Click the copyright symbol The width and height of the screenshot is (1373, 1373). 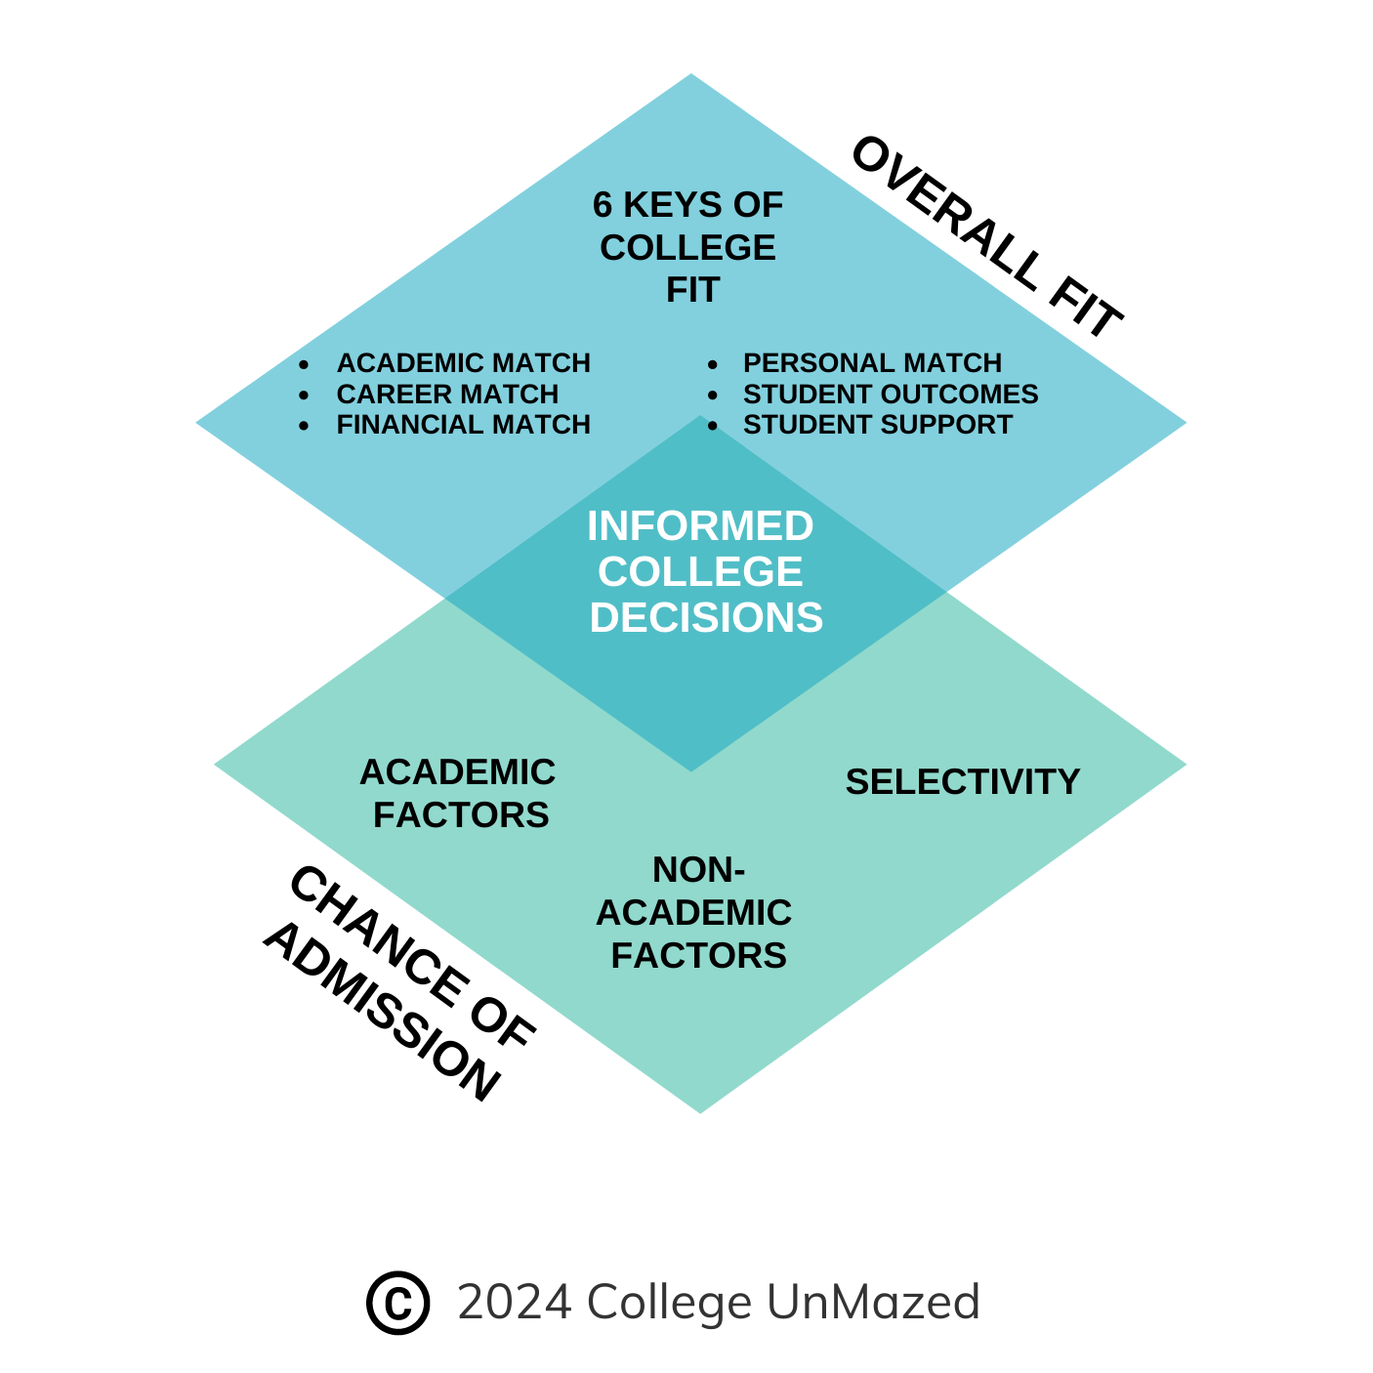click(397, 1302)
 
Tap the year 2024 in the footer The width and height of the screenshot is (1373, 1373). click(515, 1302)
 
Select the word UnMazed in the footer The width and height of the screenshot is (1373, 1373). click(873, 1302)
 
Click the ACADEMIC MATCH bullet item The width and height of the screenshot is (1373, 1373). click(463, 363)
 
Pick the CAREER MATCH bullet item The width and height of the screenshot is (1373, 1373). click(447, 395)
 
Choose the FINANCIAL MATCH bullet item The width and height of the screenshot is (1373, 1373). click(463, 425)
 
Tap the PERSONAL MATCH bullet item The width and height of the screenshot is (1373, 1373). click(872, 363)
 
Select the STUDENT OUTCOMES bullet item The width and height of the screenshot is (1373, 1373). click(890, 395)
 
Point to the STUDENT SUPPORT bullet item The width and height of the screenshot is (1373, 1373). click(877, 425)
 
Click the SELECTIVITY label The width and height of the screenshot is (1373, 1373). click(962, 782)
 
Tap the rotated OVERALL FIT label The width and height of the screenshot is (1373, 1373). click(986, 237)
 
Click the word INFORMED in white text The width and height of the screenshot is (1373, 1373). click(700, 526)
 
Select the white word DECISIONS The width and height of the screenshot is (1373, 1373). click(706, 618)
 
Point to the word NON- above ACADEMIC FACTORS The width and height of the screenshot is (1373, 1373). click(698, 869)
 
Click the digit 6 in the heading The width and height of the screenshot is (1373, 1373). click(603, 205)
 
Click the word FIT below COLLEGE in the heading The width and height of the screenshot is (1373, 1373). click(692, 290)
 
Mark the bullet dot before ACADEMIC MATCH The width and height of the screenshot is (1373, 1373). click(305, 364)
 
